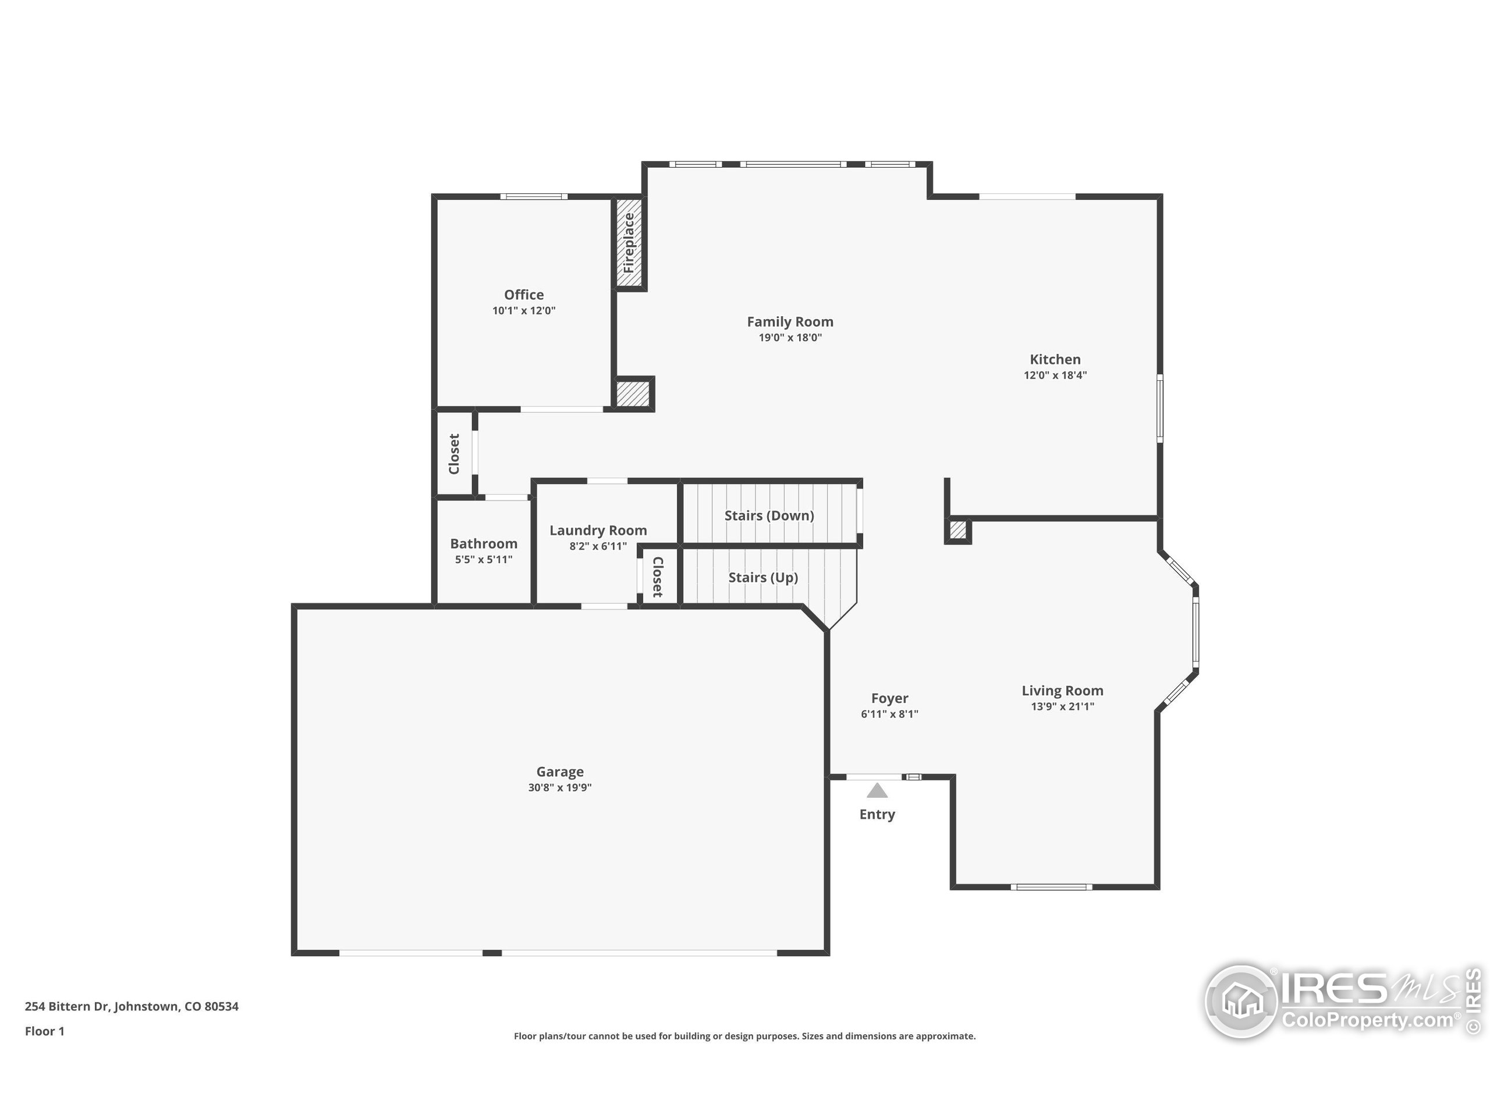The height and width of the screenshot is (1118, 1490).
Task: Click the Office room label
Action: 523,295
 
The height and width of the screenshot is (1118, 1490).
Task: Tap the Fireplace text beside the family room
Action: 629,243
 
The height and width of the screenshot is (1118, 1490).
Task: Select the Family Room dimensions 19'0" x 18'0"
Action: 790,338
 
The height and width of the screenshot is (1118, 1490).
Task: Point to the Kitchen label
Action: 1055,359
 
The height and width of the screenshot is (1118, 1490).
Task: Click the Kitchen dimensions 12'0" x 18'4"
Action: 1055,376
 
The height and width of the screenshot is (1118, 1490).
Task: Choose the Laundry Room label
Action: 598,530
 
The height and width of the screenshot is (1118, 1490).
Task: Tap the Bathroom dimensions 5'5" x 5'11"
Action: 483,560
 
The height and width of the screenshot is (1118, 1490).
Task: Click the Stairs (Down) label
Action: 769,515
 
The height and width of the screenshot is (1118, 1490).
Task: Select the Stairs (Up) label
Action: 762,578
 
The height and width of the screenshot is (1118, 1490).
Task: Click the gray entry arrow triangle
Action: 877,791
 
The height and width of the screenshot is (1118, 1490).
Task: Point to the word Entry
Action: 877,814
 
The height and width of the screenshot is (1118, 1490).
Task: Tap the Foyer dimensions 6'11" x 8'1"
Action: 889,714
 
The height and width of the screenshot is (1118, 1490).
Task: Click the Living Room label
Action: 1062,691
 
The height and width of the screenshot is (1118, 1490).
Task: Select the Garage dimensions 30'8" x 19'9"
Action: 559,788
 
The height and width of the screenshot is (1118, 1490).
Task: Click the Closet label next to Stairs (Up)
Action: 658,577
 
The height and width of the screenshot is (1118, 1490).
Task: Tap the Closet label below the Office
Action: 454,454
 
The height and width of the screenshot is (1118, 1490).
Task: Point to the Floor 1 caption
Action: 44,1031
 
